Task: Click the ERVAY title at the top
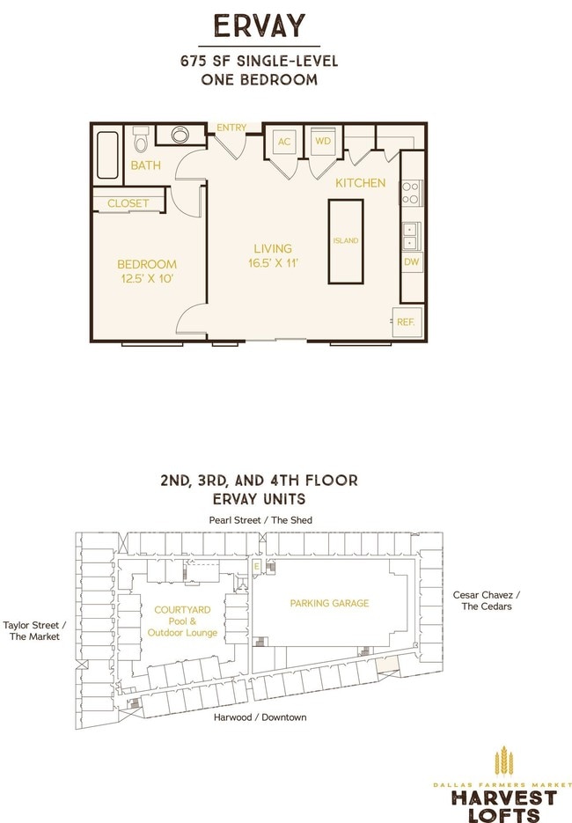tap(260, 26)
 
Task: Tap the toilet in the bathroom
tap(140, 139)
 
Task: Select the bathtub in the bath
tap(107, 156)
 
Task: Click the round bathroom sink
tap(180, 135)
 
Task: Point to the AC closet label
tap(284, 142)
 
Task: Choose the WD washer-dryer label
tap(323, 141)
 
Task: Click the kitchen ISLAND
tap(346, 241)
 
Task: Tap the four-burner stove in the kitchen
tap(410, 193)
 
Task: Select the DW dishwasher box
tap(412, 261)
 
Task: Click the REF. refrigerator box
tap(407, 322)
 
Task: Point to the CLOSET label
tap(128, 203)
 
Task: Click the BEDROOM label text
tap(147, 264)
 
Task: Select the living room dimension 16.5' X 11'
tap(273, 263)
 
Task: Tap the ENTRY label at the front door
tap(231, 128)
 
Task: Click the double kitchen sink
tap(410, 236)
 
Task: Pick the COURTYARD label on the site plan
tap(182, 610)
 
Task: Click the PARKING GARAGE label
tap(329, 604)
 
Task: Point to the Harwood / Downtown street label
tap(260, 717)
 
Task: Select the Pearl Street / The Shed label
tap(260, 520)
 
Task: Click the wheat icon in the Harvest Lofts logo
tap(503, 761)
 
